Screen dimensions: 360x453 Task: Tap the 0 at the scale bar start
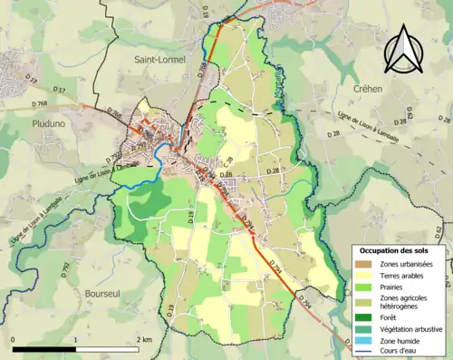pos(14,339)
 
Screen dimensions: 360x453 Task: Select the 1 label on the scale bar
pos(76,339)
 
